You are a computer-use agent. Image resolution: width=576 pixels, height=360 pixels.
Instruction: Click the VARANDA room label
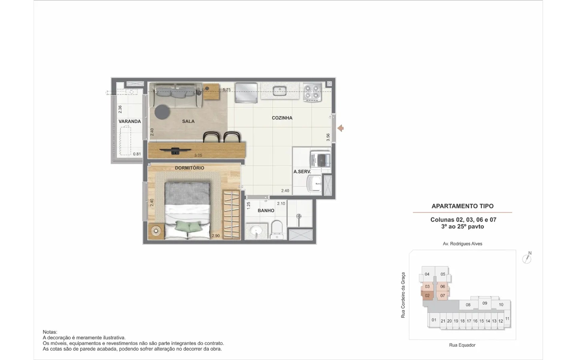130,121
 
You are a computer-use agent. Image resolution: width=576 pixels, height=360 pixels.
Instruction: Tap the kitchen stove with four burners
312,92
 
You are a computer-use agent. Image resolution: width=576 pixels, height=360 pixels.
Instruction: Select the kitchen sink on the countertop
280,90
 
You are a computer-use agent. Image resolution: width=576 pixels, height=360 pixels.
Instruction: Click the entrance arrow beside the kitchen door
340,128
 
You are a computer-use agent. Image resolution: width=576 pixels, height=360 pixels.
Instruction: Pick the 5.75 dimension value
227,90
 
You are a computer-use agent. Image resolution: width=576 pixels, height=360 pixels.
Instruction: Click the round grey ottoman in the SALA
162,112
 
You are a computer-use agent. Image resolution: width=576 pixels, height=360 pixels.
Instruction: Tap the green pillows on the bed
188,226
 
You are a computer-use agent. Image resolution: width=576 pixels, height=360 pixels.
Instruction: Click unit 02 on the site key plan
427,295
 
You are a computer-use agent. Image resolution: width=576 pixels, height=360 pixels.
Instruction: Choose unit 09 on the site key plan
485,303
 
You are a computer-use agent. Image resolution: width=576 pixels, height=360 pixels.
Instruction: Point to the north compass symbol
527,258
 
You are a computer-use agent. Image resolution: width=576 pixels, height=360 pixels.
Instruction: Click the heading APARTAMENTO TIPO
462,206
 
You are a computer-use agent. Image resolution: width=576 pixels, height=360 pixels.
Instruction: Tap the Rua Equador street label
462,345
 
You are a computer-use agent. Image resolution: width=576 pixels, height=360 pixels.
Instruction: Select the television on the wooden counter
175,151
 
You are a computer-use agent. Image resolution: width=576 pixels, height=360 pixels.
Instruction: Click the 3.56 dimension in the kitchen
328,137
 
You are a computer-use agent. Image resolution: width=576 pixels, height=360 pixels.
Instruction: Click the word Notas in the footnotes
50,332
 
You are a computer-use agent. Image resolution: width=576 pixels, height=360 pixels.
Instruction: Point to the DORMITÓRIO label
190,168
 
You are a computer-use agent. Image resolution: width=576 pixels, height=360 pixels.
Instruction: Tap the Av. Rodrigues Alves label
462,244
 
